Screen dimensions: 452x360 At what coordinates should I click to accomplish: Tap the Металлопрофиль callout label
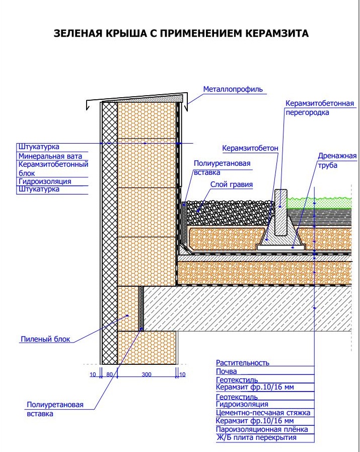pyautogui.click(x=233, y=90)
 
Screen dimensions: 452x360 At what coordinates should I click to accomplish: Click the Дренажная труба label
pyautogui.click(x=337, y=160)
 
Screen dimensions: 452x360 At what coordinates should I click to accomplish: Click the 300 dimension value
pyautogui.click(x=146, y=374)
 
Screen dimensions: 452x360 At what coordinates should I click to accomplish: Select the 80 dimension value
pyautogui.click(x=109, y=374)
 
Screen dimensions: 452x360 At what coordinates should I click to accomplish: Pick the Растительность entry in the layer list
pyautogui.click(x=243, y=362)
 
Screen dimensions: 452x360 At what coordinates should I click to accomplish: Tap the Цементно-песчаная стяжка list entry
pyautogui.click(x=263, y=413)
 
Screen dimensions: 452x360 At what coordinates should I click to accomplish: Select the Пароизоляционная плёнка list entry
pyautogui.click(x=261, y=429)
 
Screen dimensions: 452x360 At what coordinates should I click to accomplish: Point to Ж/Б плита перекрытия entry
pyautogui.click(x=256, y=437)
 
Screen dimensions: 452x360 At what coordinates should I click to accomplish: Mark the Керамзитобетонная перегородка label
pyautogui.click(x=319, y=108)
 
